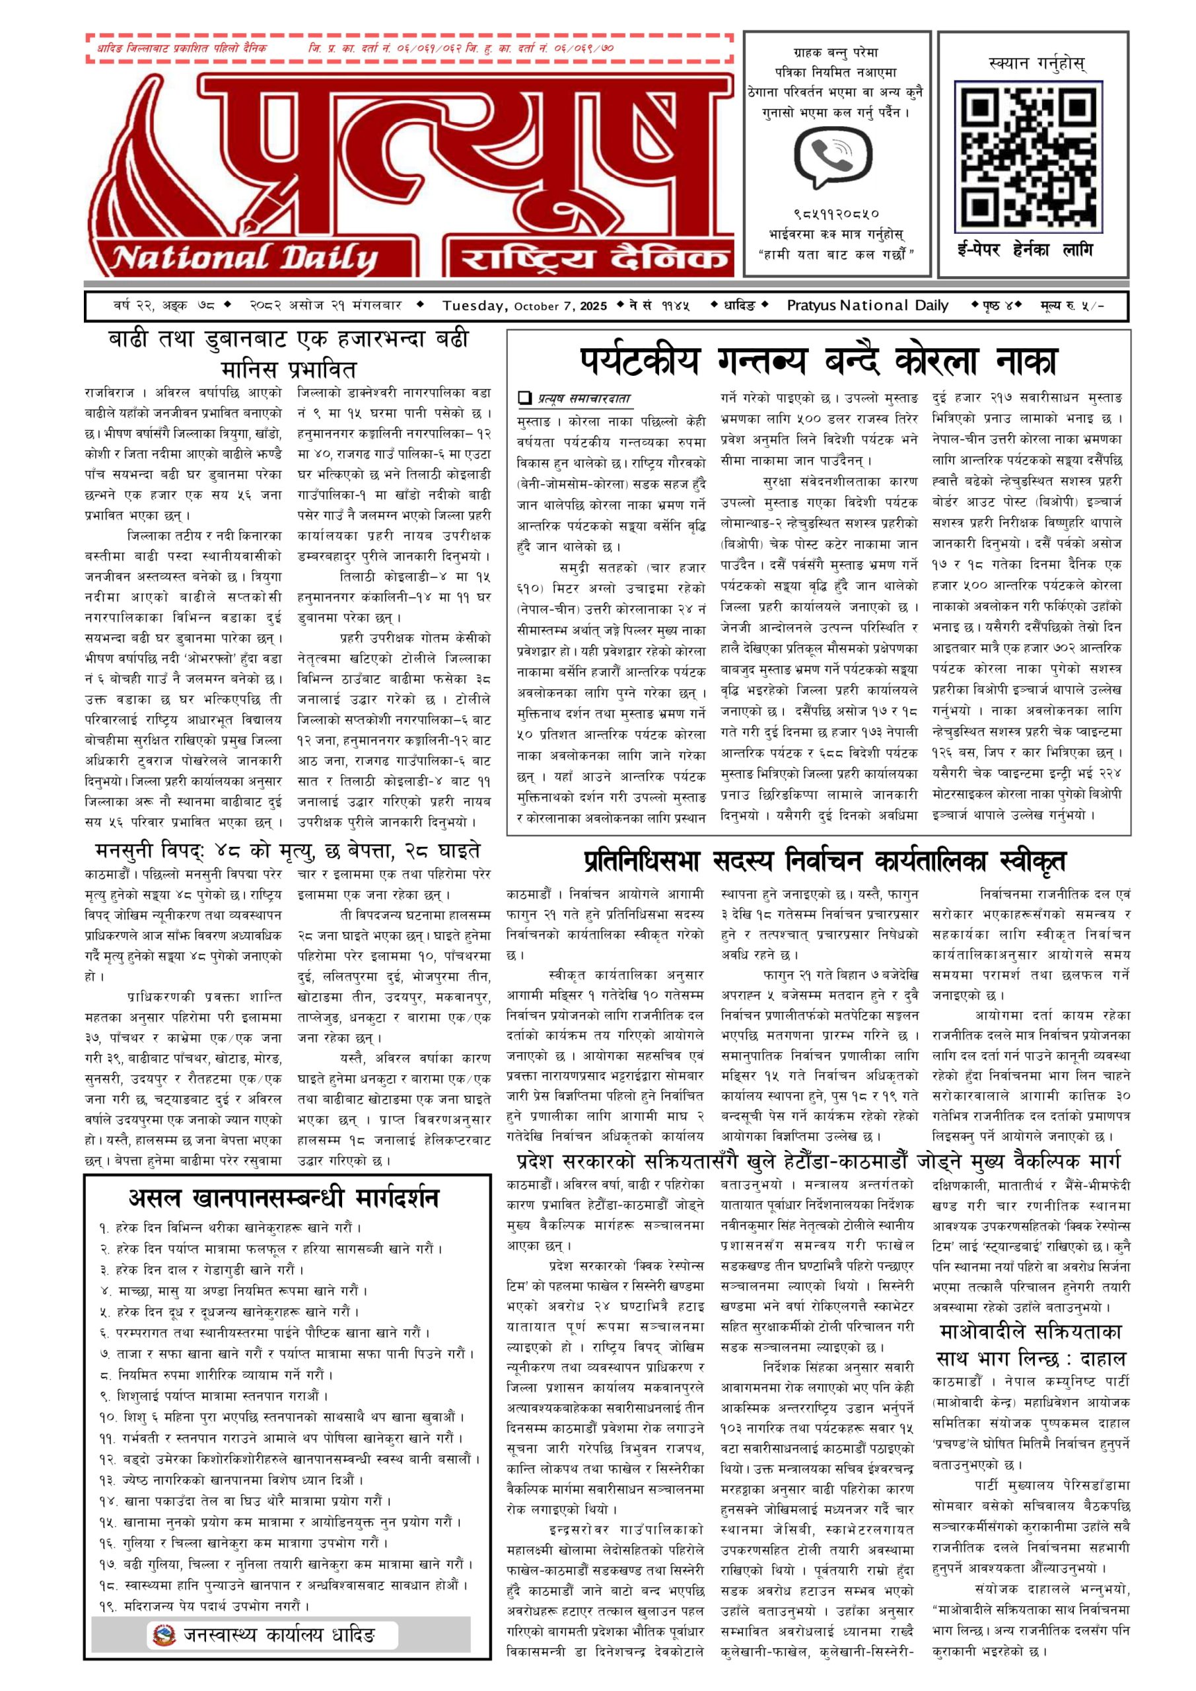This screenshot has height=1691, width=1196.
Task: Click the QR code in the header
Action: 1028,155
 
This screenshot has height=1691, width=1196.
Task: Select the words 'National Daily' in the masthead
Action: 244,257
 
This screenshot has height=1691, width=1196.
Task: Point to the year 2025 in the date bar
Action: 594,306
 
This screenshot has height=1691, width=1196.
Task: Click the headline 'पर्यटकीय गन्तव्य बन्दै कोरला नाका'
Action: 818,361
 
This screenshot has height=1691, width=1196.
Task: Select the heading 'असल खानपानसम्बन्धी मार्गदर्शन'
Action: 284,1197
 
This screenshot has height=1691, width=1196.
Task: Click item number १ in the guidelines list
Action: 104,1229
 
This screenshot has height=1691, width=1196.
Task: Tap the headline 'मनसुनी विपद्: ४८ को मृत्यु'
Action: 288,851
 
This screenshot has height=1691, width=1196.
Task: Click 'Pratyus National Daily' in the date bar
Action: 868,306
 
